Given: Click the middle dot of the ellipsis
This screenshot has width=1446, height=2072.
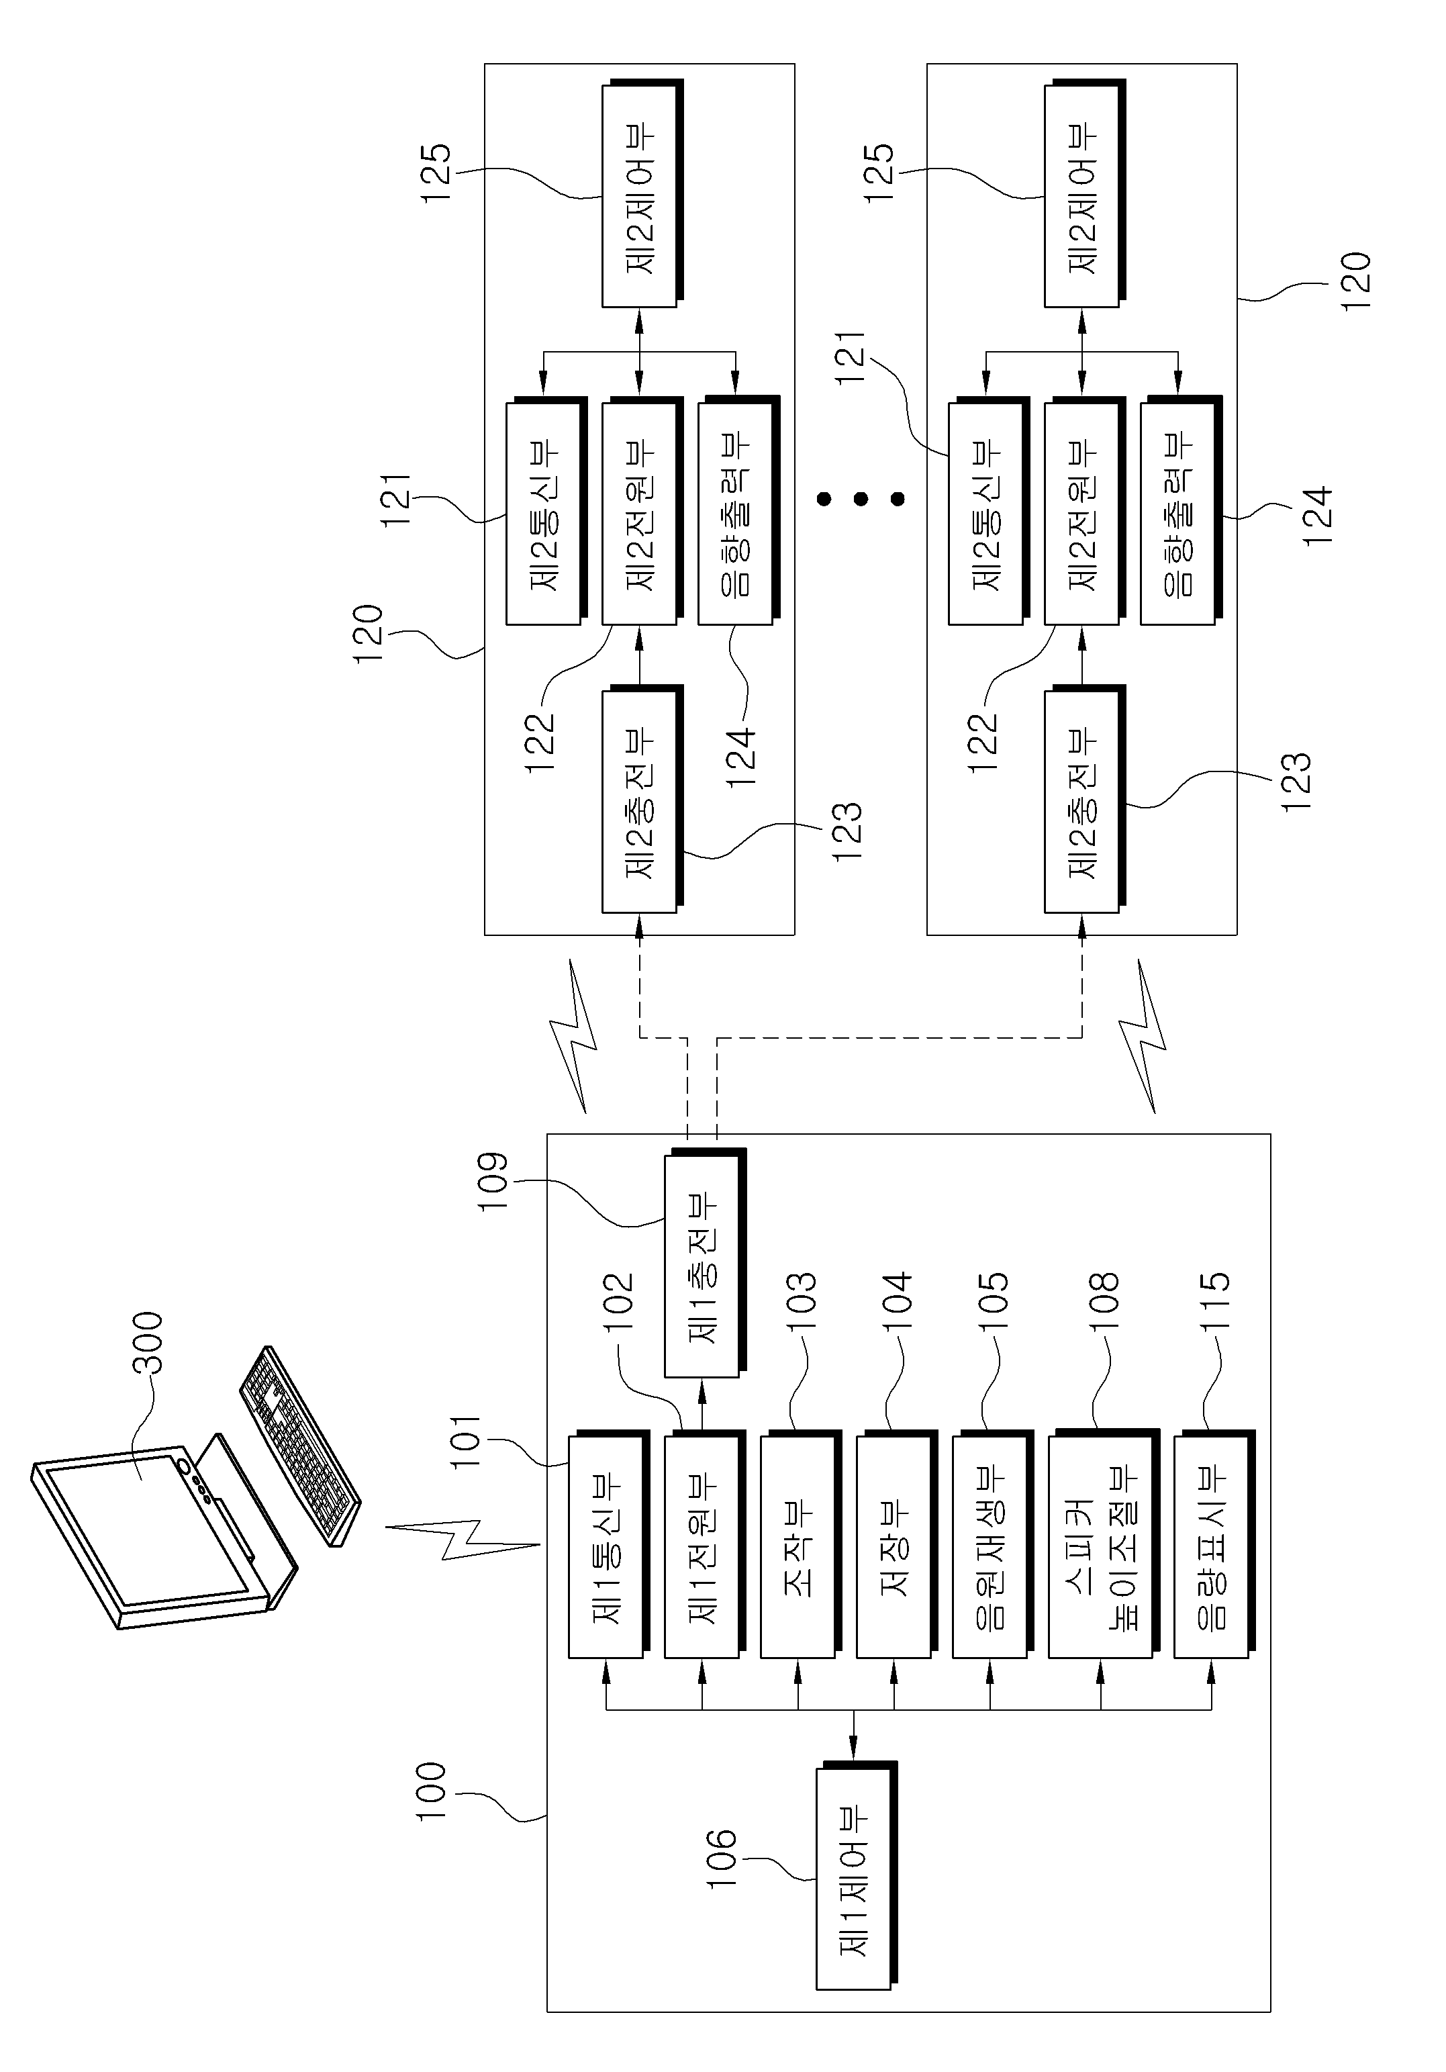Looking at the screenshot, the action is point(861,498).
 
